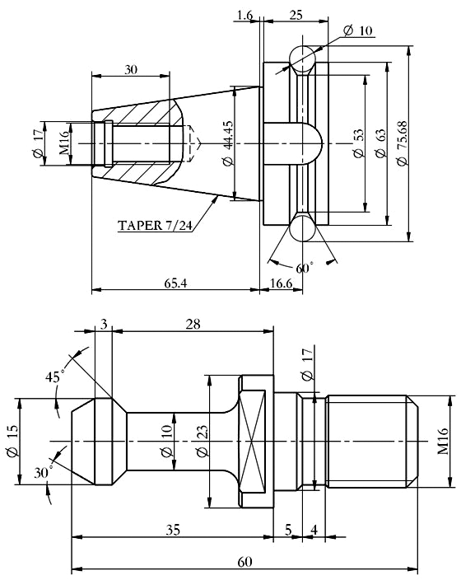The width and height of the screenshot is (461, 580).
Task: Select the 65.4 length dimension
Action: coord(174,283)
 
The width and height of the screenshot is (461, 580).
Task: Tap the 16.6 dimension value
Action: coord(282,283)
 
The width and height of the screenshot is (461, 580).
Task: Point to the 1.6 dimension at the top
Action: coord(244,15)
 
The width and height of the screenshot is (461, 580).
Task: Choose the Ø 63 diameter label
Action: coord(380,143)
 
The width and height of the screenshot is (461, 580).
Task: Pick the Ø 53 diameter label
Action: coord(357,143)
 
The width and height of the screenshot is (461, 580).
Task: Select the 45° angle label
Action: coord(56,377)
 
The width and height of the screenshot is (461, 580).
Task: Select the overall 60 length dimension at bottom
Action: coord(244,561)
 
